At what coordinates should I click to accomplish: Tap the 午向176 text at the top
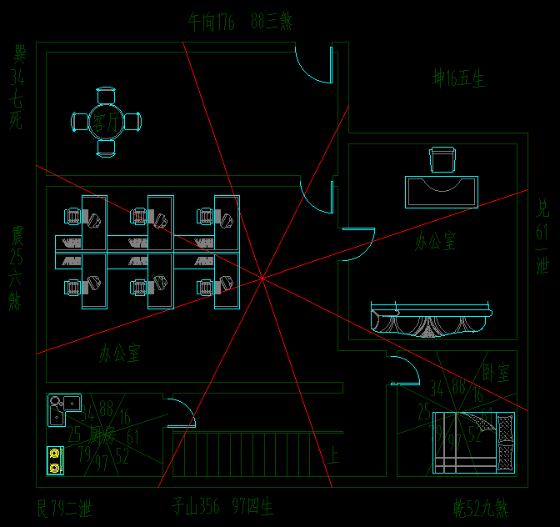pos(212,22)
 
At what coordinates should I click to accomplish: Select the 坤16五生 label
pos(458,78)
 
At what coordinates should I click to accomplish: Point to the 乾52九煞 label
pos(480,507)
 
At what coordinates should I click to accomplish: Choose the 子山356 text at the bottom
pos(197,505)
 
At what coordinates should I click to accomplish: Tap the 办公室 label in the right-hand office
pos(436,242)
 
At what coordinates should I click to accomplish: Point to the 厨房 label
pos(102,434)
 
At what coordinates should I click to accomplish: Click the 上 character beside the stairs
pos(334,455)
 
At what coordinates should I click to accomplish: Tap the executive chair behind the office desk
pos(442,159)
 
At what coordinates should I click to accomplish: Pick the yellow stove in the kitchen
pos(55,460)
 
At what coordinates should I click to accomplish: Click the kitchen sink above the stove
pos(58,409)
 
